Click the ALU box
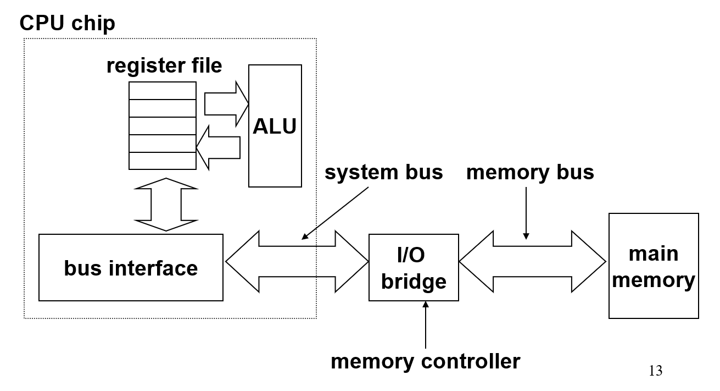[x=275, y=126]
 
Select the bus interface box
[x=131, y=268]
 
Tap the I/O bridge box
[x=414, y=268]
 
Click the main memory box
[x=654, y=266]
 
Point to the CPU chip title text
[x=68, y=24]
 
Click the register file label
[x=164, y=66]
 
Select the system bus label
[x=383, y=172]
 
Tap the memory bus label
[x=530, y=172]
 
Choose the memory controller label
[x=425, y=361]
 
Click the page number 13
[x=655, y=371]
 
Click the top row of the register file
[x=162, y=91]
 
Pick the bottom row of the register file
[x=162, y=161]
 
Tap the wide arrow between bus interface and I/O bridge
[x=297, y=261]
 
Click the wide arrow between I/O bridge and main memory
[x=532, y=261]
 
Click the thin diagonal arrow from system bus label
[x=335, y=214]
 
